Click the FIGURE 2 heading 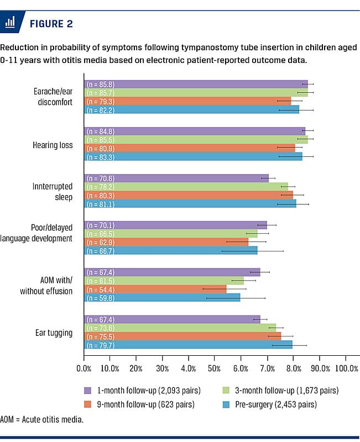pyautogui.click(x=50, y=24)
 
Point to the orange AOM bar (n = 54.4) pyautogui.click(x=155, y=289)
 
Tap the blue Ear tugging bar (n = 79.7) pyautogui.click(x=188, y=345)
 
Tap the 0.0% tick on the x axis pyautogui.click(x=84, y=368)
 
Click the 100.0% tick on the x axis pyautogui.click(x=346, y=368)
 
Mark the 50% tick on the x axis pyautogui.click(x=215, y=368)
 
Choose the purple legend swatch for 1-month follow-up pyautogui.click(x=87, y=391)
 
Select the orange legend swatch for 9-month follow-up pyautogui.click(x=87, y=404)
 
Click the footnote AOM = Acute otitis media pyautogui.click(x=41, y=419)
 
